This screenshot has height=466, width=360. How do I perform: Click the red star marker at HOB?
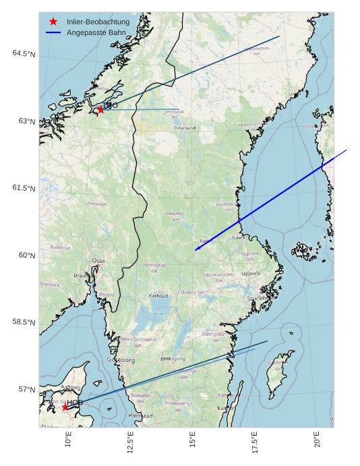tap(65, 407)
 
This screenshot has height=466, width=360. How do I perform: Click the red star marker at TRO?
tap(100, 109)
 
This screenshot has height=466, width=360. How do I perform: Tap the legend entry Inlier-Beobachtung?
tap(98, 22)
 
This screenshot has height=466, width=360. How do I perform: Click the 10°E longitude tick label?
tap(67, 442)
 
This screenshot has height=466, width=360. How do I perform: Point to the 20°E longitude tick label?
tap(317, 442)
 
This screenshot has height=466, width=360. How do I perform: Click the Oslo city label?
tap(98, 260)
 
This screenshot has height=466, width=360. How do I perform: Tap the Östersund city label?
tap(184, 127)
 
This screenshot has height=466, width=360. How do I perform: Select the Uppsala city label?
tap(250, 274)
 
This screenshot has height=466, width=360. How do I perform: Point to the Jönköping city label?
tap(172, 359)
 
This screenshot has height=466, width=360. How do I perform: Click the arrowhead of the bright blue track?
tap(196, 250)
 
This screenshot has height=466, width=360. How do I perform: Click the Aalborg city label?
tap(70, 388)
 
